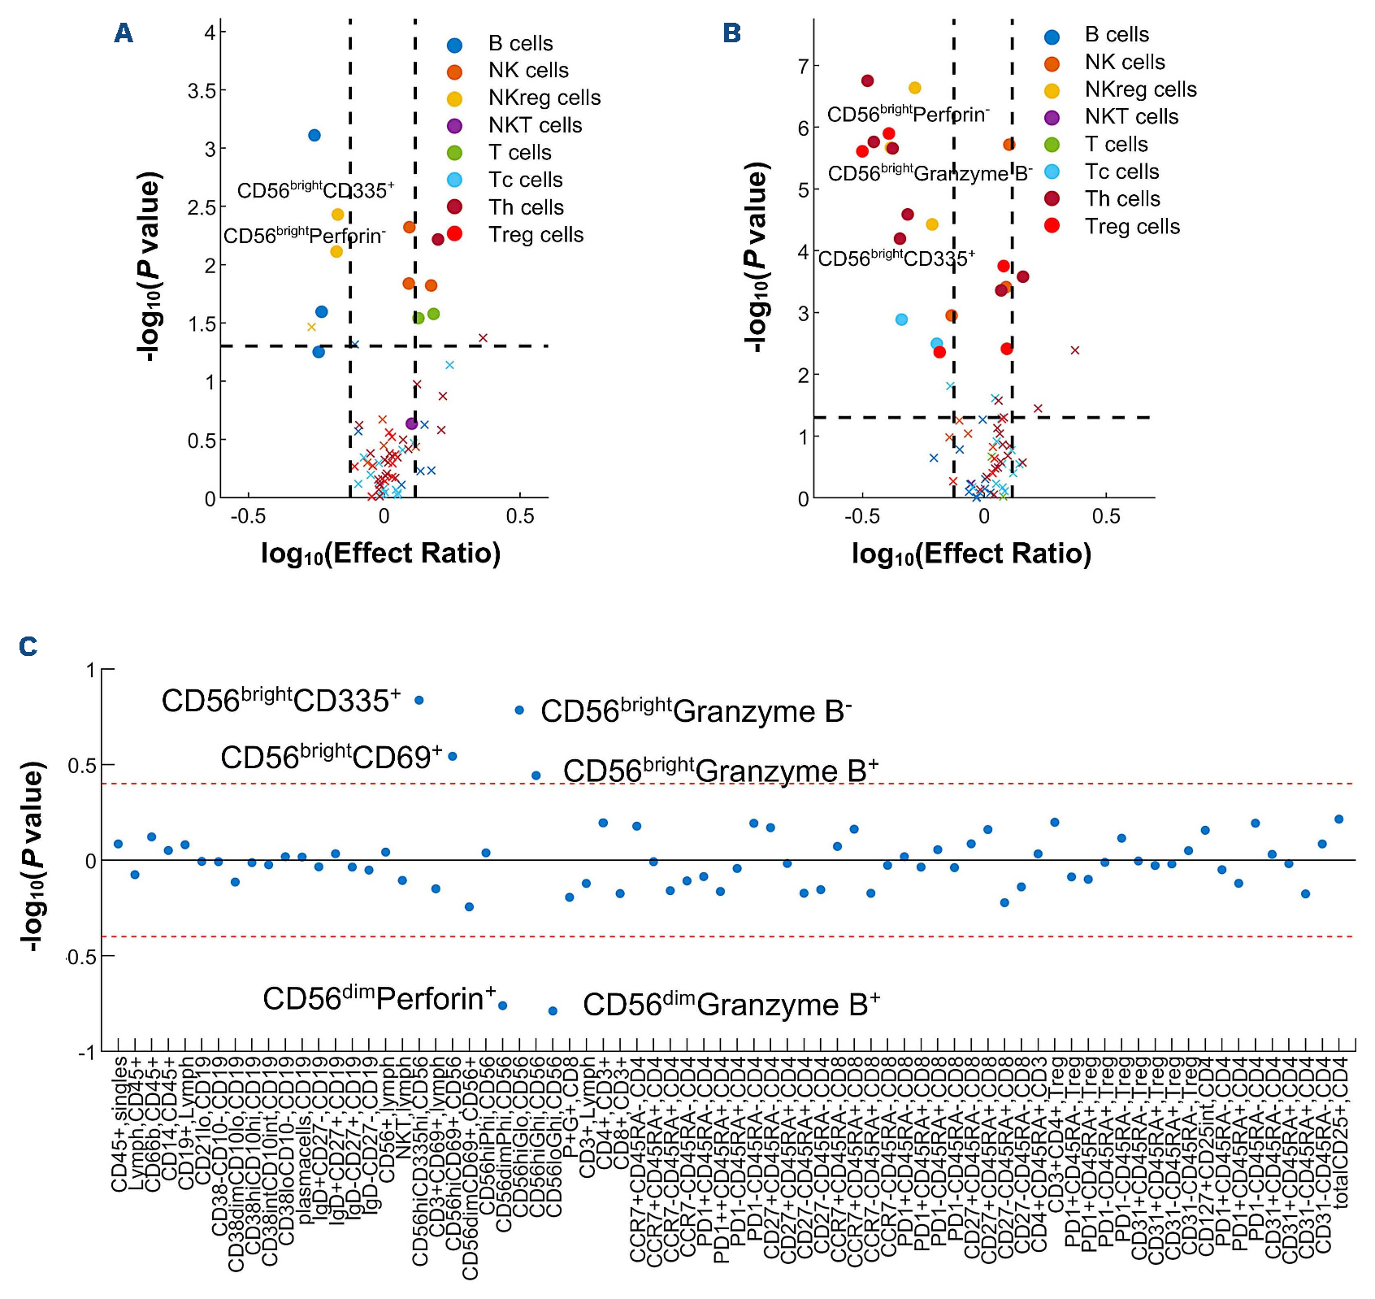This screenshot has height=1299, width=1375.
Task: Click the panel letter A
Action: (124, 33)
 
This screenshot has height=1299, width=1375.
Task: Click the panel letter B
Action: (731, 33)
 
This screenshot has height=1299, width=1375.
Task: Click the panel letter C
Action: (28, 646)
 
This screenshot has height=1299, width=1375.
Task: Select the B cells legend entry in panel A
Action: (520, 44)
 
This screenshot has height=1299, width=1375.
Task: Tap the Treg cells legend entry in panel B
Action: (1131, 227)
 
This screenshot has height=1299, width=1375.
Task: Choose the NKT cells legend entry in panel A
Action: (535, 126)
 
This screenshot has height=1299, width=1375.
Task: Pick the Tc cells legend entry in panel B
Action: (1121, 172)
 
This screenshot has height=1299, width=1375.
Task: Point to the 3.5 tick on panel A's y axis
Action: (202, 91)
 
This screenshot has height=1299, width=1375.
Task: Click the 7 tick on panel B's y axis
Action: (804, 66)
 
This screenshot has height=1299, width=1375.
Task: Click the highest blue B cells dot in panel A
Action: (314, 136)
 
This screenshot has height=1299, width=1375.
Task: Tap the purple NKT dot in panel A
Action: (412, 424)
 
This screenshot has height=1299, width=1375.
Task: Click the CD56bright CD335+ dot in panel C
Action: (419, 700)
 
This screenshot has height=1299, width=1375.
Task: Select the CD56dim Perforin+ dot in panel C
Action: (503, 1006)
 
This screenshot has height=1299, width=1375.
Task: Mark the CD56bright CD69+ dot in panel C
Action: (453, 756)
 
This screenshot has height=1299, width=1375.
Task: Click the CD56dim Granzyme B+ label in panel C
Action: (731, 1005)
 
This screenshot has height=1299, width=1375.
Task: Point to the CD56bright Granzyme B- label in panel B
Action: (930, 173)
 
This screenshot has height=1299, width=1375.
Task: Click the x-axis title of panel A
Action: (380, 554)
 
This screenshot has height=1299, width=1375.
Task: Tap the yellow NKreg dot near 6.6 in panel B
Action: (915, 88)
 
